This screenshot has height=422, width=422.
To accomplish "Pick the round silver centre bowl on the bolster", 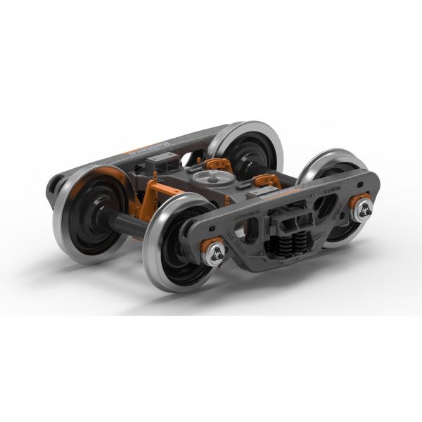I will (205, 179).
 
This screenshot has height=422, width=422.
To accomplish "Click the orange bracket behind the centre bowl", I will (220, 162).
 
